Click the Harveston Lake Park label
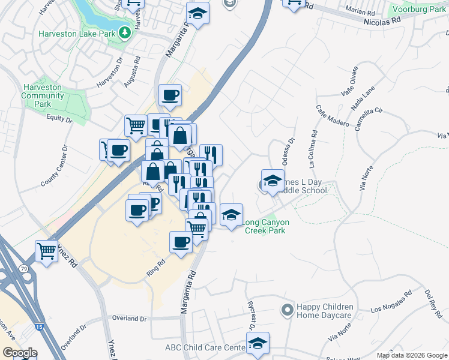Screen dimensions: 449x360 76,34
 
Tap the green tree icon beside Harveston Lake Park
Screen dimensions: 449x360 125,32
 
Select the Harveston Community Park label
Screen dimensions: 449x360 43,95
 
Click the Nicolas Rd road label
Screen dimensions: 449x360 382,20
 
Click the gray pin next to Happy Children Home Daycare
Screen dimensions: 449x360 287,310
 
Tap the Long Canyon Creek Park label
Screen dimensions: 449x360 265,226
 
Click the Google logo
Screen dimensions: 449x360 20,353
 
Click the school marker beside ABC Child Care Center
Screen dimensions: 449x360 258,343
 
